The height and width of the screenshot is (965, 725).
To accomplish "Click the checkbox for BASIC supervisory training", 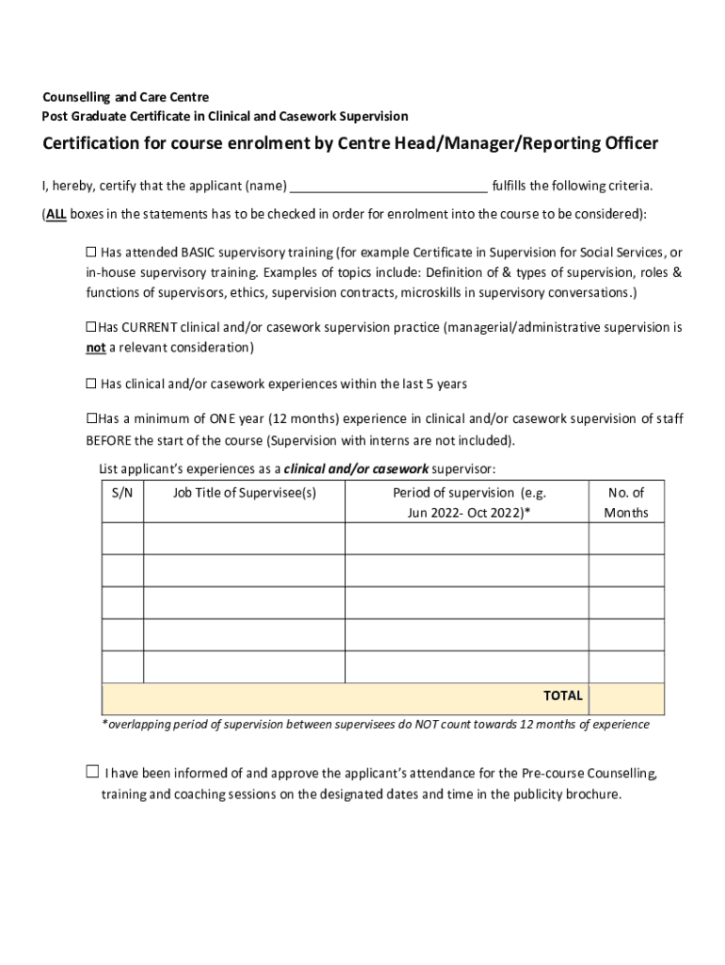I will (91, 253).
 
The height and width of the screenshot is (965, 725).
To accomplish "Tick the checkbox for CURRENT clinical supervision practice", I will (91, 327).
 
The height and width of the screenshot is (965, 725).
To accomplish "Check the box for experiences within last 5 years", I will (91, 384).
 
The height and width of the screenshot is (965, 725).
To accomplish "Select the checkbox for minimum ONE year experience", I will (91, 418).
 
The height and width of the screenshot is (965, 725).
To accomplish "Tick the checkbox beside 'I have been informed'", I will (92, 773).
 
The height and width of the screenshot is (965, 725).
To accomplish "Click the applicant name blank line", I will (389, 186).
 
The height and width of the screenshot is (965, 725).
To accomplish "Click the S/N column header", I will (122, 493).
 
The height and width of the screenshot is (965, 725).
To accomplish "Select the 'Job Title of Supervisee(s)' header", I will (244, 493).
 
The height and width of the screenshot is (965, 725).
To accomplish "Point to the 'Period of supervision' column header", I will (467, 502).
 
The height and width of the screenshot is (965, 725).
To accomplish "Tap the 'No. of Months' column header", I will (626, 502).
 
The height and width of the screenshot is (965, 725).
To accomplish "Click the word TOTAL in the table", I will (562, 696).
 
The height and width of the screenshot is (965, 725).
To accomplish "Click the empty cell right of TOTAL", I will (626, 698).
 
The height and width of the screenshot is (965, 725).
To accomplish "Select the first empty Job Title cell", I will (244, 538).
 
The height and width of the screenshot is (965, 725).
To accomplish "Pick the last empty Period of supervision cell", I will (467, 666).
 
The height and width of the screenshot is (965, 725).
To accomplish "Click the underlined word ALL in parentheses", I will (56, 214).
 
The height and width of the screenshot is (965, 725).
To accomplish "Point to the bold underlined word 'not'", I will (95, 348).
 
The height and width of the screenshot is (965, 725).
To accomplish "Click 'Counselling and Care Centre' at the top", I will (126, 97).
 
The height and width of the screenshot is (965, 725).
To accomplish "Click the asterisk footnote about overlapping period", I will (375, 725).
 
